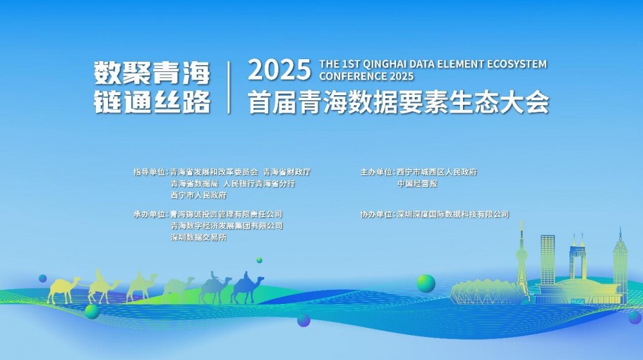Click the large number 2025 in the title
tap(279, 69)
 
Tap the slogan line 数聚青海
tap(152, 73)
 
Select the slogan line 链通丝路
tap(152, 101)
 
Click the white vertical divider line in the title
tap(229, 87)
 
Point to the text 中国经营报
tap(417, 184)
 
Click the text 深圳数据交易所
tap(199, 237)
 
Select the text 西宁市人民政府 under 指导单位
tap(199, 195)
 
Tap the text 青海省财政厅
tap(287, 172)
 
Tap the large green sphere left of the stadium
tap(426, 283)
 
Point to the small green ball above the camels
tap(259, 260)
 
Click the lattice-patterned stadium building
tap(487, 292)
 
